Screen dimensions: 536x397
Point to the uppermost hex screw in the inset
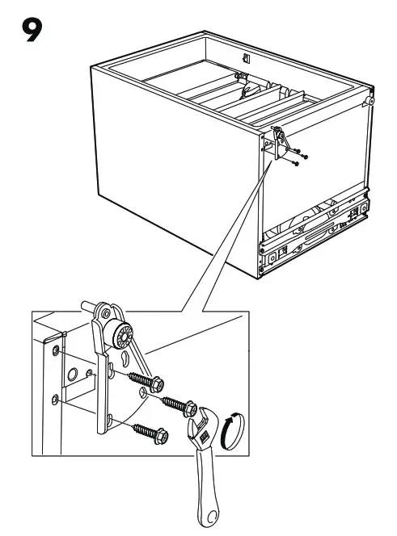pyautogui.click(x=142, y=379)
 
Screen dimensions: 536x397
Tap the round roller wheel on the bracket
pyautogui.click(x=124, y=334)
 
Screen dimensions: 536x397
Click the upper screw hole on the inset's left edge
pyautogui.click(x=55, y=351)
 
